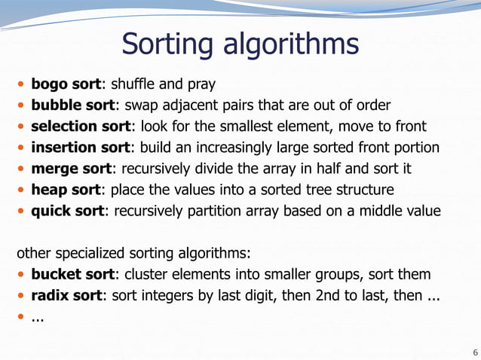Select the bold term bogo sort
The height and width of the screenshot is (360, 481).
click(66, 83)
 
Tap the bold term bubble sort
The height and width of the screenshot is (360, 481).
click(72, 104)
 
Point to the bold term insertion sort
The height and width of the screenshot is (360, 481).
click(80, 146)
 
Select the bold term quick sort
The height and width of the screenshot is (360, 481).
click(66, 210)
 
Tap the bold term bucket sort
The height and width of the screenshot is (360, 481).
click(72, 273)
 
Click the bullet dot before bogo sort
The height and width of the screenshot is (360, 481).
click(22, 83)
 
